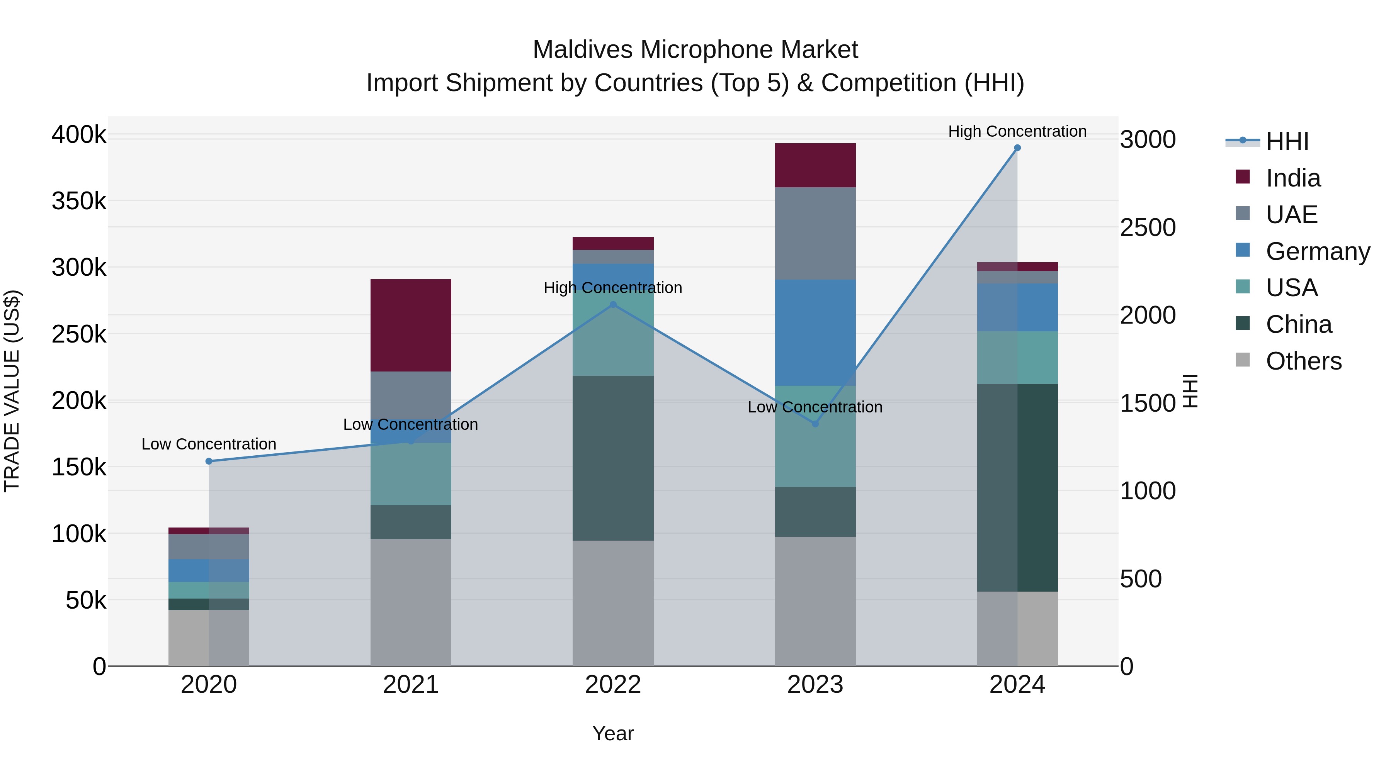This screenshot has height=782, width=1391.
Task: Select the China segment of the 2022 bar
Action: (613, 458)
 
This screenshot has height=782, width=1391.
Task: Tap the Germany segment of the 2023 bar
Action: (815, 332)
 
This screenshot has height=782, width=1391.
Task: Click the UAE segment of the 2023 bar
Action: (815, 233)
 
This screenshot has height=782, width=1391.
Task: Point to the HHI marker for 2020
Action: (209, 461)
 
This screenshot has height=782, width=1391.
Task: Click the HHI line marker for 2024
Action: (1017, 148)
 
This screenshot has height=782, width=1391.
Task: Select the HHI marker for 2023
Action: (815, 424)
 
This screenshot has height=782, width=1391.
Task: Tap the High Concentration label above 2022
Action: (613, 288)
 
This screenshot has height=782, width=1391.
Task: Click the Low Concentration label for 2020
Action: (209, 444)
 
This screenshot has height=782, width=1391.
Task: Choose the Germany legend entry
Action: (1317, 251)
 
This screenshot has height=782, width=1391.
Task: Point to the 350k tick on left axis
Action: (79, 201)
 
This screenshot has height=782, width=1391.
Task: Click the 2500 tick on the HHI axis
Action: (1148, 227)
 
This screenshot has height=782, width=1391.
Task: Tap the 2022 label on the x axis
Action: (613, 685)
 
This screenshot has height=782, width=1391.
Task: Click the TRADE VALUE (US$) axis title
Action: (12, 391)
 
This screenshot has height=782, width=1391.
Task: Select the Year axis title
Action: (613, 733)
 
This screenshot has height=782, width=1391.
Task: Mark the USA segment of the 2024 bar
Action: (1017, 357)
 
